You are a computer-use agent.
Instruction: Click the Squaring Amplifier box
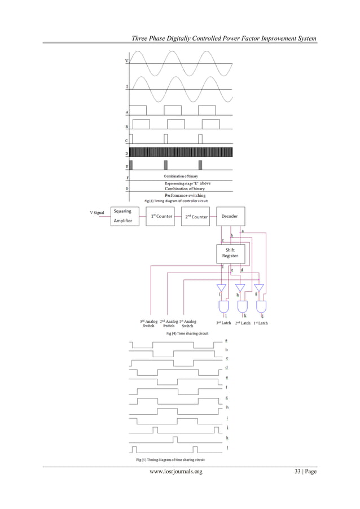pos(123,216)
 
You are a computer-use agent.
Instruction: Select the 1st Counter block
pos(160,216)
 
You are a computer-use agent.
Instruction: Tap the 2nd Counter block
pos(196,216)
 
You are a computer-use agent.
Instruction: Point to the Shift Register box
pos(231,253)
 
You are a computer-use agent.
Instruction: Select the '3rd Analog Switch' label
pos(148,323)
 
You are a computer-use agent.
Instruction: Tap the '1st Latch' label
pos(260,323)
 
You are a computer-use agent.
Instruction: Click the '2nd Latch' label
pos(242,323)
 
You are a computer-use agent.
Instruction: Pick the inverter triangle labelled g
pos(260,288)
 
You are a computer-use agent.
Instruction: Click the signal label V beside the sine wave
pos(126,61)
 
